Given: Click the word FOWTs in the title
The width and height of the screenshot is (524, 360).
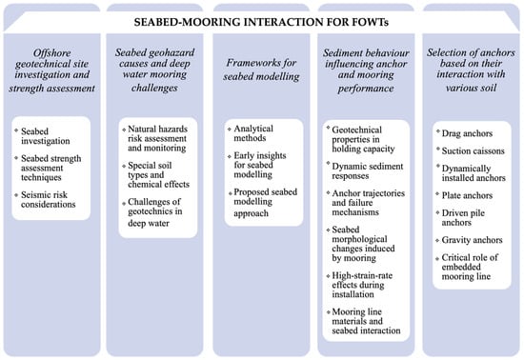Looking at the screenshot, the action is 371,22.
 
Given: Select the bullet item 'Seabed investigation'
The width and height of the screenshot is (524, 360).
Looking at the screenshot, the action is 46,136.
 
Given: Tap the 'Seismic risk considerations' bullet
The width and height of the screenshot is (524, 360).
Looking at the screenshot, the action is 49,199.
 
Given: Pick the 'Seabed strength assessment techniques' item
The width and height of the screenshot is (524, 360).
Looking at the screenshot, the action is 50,168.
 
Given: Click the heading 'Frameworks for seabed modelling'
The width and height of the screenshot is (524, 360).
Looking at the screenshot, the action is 261,70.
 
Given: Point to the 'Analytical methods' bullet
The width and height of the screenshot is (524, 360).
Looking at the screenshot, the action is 253,133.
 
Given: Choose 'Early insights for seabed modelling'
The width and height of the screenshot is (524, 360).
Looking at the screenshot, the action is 260,165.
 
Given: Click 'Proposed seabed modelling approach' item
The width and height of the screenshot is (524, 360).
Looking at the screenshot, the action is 266,203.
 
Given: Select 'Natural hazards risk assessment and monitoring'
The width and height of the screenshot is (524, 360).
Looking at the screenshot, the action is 157,138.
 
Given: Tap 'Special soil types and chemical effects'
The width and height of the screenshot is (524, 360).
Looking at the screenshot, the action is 158,174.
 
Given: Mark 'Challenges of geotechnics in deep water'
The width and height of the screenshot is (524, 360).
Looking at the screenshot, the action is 155,212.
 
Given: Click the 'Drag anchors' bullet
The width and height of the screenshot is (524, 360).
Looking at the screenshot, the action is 467,133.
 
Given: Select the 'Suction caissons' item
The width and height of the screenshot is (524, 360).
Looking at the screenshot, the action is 473,150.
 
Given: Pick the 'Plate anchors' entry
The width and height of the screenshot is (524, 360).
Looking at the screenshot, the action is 467,195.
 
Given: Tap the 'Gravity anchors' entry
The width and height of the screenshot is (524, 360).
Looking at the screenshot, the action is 472,240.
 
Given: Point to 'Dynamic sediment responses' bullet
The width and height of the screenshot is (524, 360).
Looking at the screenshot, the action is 367,170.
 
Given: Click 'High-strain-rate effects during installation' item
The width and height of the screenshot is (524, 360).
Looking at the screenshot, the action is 362,285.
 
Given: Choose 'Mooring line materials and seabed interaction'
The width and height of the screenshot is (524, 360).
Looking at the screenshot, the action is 366,321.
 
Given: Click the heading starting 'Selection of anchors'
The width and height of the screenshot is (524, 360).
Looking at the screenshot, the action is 471,70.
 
